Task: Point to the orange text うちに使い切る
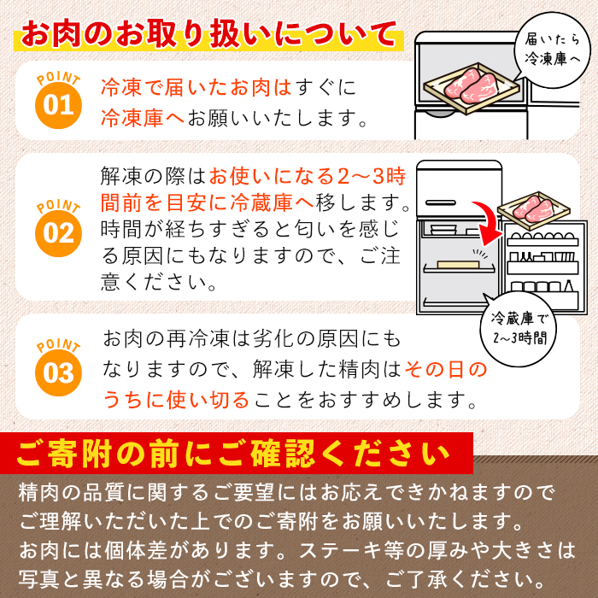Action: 176,398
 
